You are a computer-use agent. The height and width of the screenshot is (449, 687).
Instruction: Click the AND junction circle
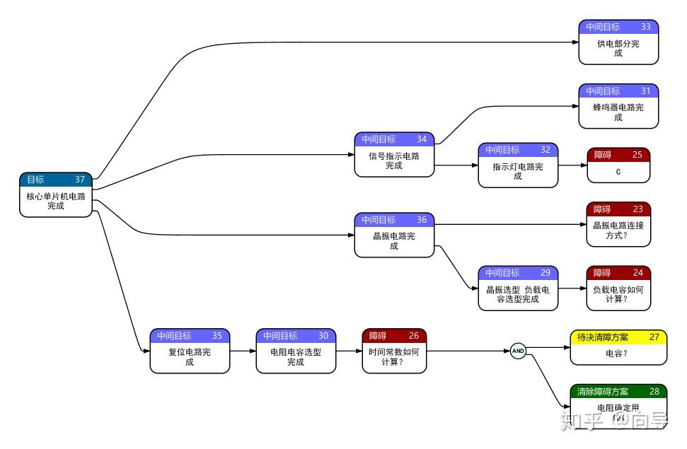pos(518,351)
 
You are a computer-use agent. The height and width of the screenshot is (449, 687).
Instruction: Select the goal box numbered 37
pos(56,194)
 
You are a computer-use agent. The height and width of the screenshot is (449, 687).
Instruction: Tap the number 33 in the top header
pos(646,27)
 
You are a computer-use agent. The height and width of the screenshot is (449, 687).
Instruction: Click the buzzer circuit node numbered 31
pos(618,107)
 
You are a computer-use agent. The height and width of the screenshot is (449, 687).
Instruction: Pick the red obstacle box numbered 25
pos(618,165)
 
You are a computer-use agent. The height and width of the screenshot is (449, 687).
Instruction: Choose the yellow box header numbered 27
pos(618,337)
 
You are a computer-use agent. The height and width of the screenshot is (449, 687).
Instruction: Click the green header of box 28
pos(618,391)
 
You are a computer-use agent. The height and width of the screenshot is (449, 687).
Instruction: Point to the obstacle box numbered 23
pos(618,224)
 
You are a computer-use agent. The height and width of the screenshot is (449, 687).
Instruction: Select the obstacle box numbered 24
pos(618,288)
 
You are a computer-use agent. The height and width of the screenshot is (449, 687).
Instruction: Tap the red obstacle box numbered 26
pos(394,351)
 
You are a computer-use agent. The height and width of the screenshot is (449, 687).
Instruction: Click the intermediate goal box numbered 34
pos(394,155)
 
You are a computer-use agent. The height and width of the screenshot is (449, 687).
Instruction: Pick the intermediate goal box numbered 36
pos(394,235)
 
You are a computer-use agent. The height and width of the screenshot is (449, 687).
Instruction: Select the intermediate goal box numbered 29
pos(518,288)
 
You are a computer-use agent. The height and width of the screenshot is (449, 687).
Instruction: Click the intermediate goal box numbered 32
pos(518,165)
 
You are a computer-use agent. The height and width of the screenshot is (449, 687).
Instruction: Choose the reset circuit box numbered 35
pos(190,351)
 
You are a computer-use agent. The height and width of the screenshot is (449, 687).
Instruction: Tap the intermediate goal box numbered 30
pos(296,351)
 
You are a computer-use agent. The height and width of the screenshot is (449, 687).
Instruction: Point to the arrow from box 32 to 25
pos(572,165)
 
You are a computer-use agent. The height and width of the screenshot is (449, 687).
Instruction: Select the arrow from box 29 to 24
pos(572,288)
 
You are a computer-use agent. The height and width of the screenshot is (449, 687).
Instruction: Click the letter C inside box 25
pos(618,172)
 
